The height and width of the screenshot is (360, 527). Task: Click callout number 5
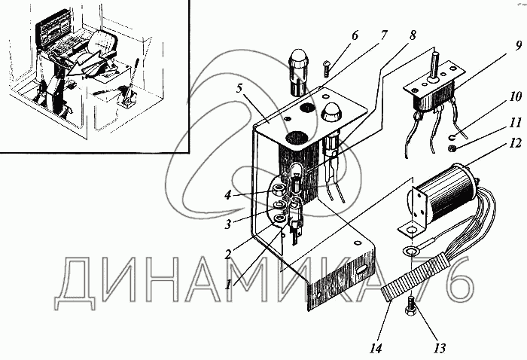tap(239, 87)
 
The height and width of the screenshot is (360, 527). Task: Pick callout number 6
tap(355, 35)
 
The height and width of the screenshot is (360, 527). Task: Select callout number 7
tap(384, 35)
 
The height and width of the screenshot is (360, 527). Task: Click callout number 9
tap(497, 44)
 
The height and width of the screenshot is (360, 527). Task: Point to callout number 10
tap(493, 97)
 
